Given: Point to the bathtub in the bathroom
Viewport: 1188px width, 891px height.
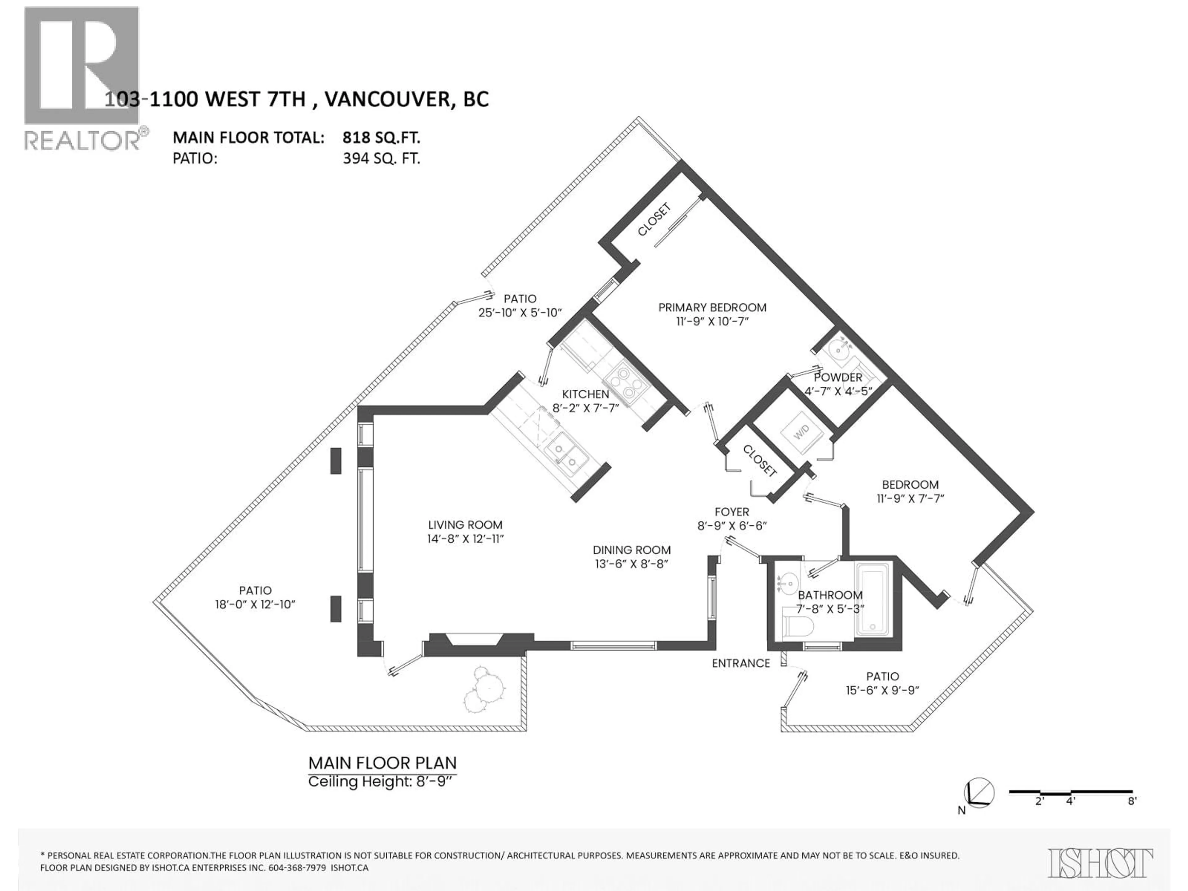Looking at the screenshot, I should tap(873, 599).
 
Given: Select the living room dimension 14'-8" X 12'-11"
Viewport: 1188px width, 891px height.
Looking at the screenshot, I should tap(465, 539).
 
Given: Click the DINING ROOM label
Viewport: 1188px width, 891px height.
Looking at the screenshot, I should tap(632, 550).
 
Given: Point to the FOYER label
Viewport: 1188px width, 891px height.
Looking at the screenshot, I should tap(731, 512).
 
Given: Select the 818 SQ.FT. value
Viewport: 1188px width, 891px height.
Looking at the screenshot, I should tap(381, 138).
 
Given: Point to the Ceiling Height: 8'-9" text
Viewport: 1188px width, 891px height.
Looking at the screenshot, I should tap(382, 781).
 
